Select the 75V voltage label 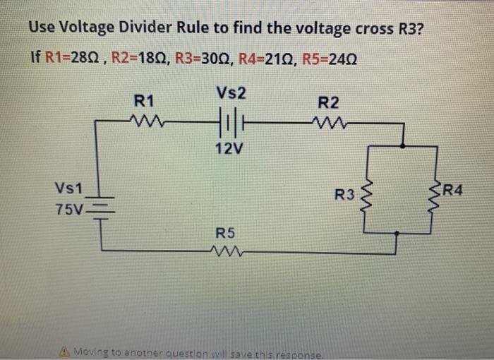[68, 210]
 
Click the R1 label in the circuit [145, 101]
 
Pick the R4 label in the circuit [452, 188]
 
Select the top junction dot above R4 [402, 146]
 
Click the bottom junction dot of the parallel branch [397, 232]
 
